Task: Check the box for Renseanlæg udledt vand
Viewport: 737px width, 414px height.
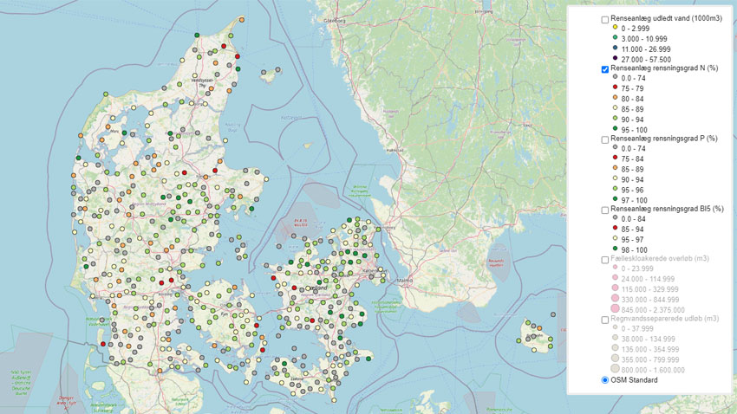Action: (604, 19)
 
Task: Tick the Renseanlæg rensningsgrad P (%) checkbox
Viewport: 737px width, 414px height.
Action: (604, 139)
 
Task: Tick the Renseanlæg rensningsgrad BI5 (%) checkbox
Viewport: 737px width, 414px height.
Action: (604, 210)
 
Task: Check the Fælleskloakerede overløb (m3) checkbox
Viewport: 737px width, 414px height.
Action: (604, 259)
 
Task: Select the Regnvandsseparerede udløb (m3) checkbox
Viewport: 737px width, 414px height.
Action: (604, 320)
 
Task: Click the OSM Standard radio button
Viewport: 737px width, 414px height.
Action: (604, 379)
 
